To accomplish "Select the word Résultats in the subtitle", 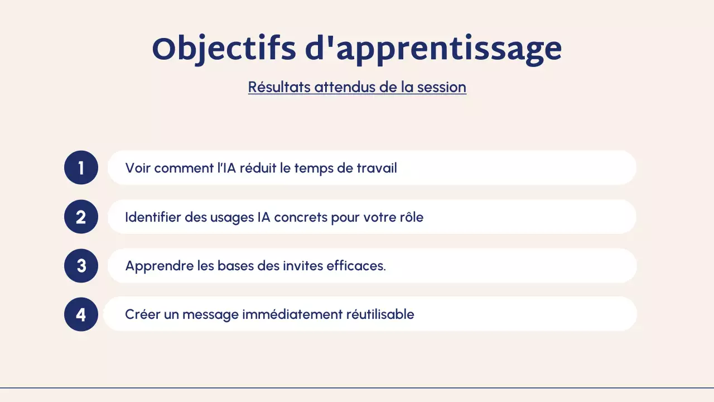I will click(279, 87).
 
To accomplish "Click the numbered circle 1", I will click(81, 167).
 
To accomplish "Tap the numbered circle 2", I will click(81, 217).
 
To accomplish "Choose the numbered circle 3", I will click(81, 266).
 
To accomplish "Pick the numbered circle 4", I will click(81, 314).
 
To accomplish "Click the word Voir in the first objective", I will click(138, 168).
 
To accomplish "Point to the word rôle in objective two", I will click(409, 217).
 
